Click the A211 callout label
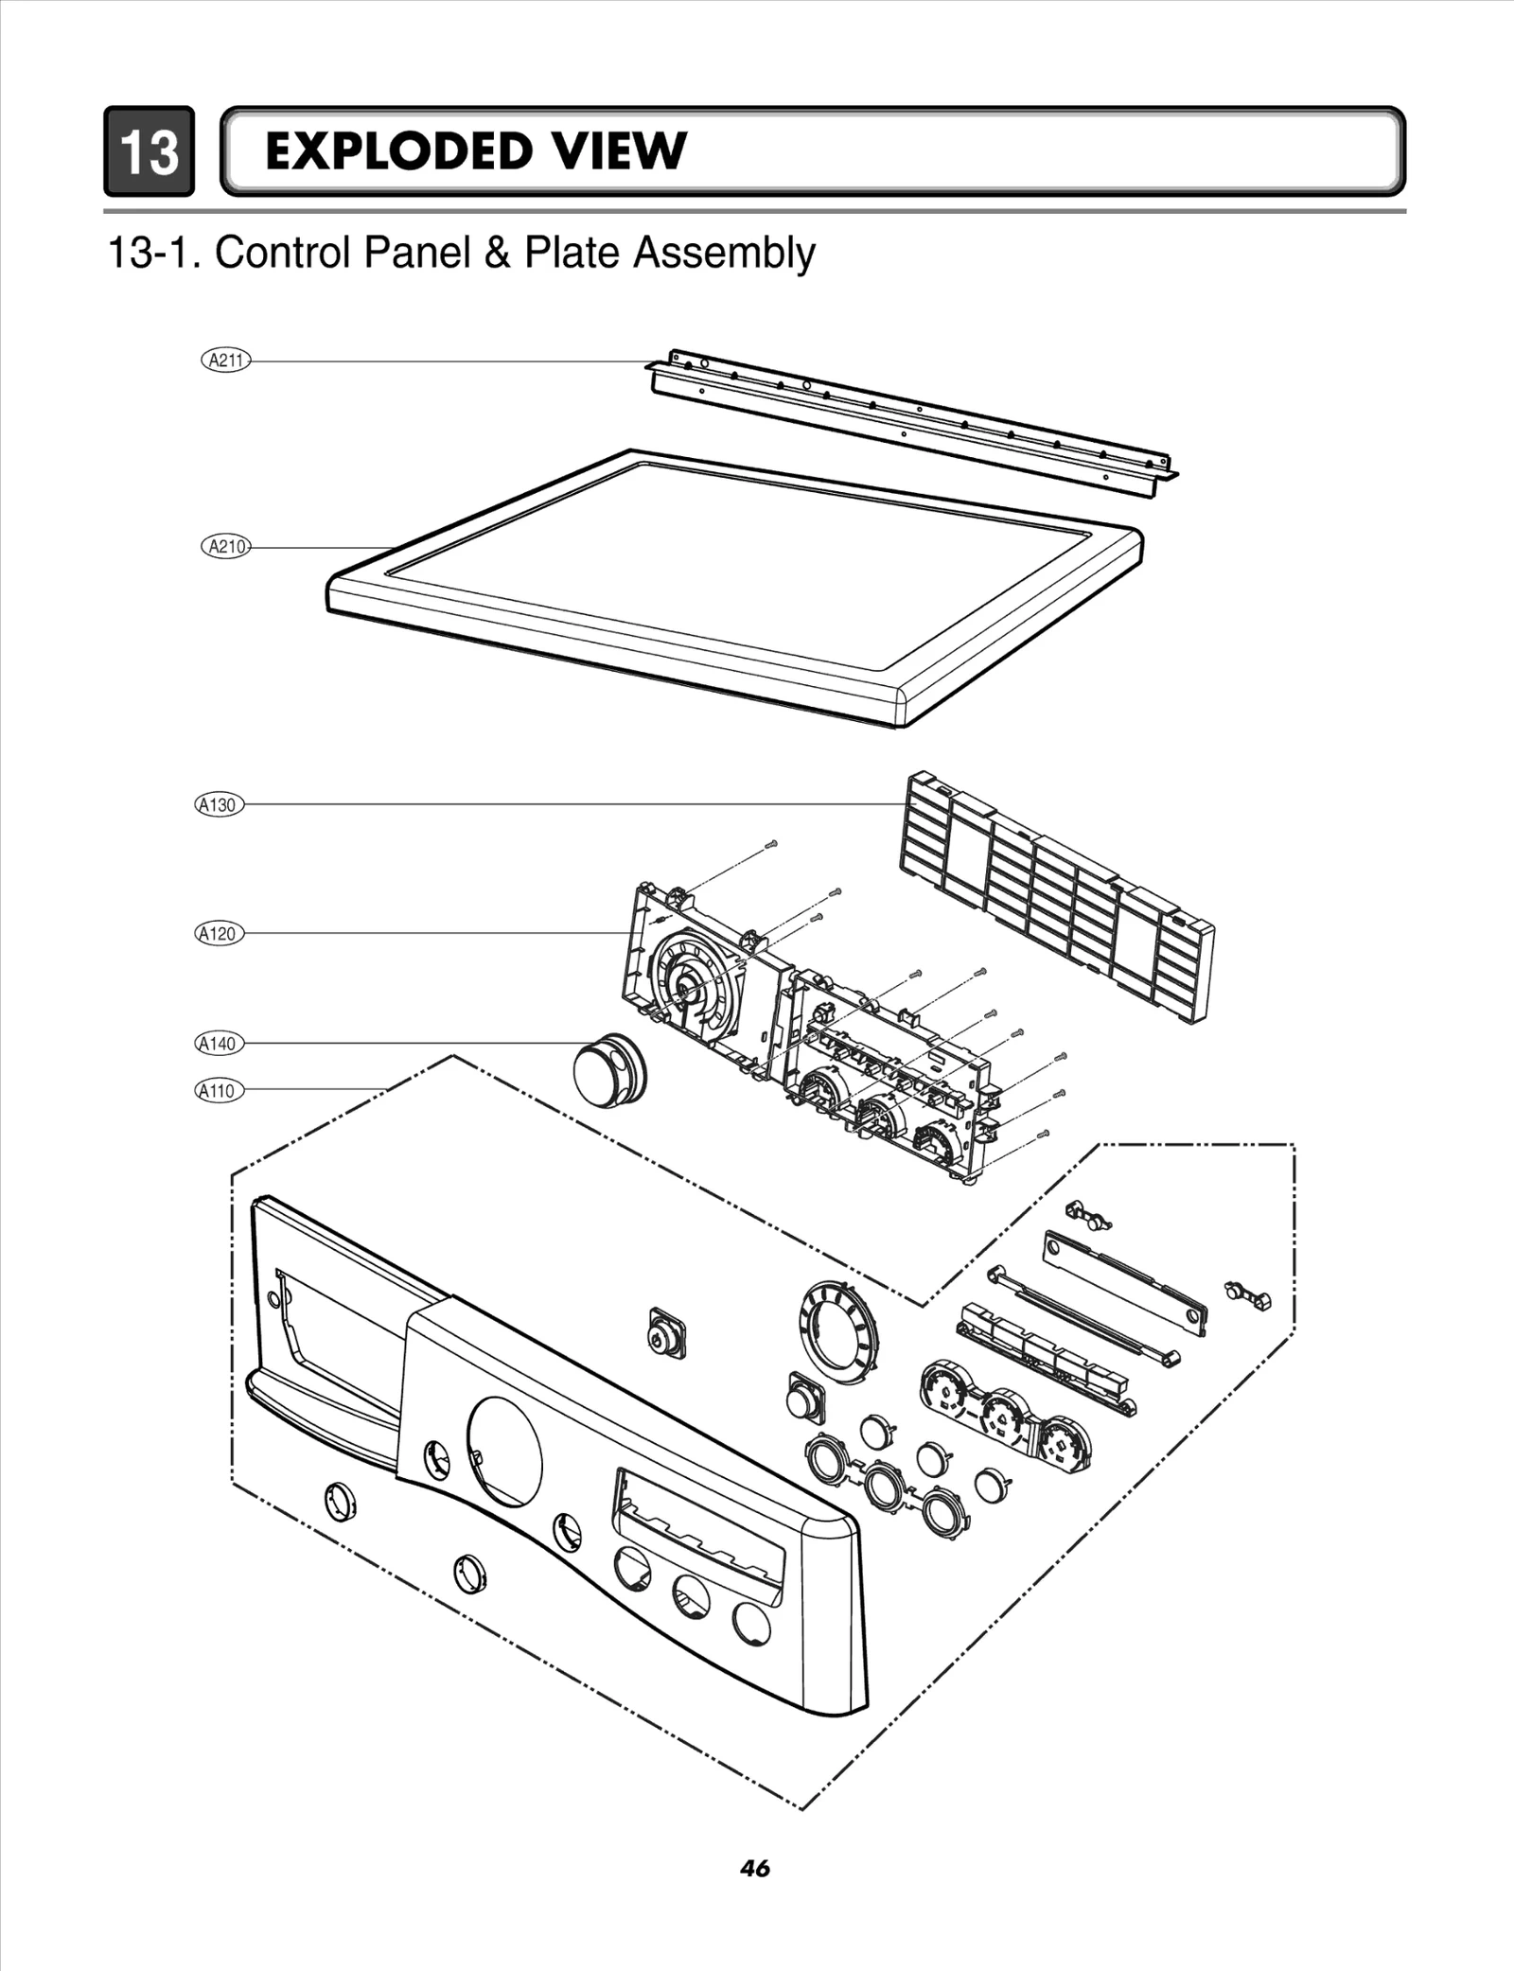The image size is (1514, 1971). [x=226, y=360]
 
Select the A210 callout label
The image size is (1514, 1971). [x=226, y=546]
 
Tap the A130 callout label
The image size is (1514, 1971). [x=220, y=805]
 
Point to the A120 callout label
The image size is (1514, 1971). [x=220, y=934]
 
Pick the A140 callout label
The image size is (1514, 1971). [x=220, y=1044]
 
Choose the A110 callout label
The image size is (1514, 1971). [x=220, y=1091]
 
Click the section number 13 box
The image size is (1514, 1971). [x=150, y=151]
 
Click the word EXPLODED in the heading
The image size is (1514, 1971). [x=397, y=151]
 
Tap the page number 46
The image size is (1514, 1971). [x=755, y=1868]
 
